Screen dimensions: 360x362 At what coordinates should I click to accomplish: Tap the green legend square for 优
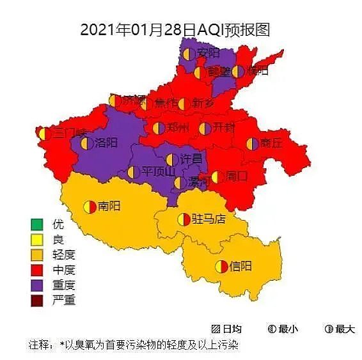click(x=36, y=224)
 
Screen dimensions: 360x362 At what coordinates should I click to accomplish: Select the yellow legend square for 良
click(x=36, y=240)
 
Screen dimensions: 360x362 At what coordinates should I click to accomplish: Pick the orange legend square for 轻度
click(x=36, y=254)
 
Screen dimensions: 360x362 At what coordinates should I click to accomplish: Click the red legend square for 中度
click(x=36, y=270)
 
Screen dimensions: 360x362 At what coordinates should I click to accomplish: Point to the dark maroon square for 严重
click(x=36, y=300)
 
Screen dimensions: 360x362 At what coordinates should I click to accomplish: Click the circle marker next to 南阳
click(x=90, y=207)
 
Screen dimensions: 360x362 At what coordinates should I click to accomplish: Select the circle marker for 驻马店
click(x=184, y=219)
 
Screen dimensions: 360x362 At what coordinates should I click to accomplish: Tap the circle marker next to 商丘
click(x=252, y=144)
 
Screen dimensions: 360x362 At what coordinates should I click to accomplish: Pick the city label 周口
click(x=237, y=176)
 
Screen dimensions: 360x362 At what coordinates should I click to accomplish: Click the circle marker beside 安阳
click(x=189, y=54)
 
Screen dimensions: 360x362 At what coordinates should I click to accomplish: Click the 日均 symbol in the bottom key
click(x=216, y=329)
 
